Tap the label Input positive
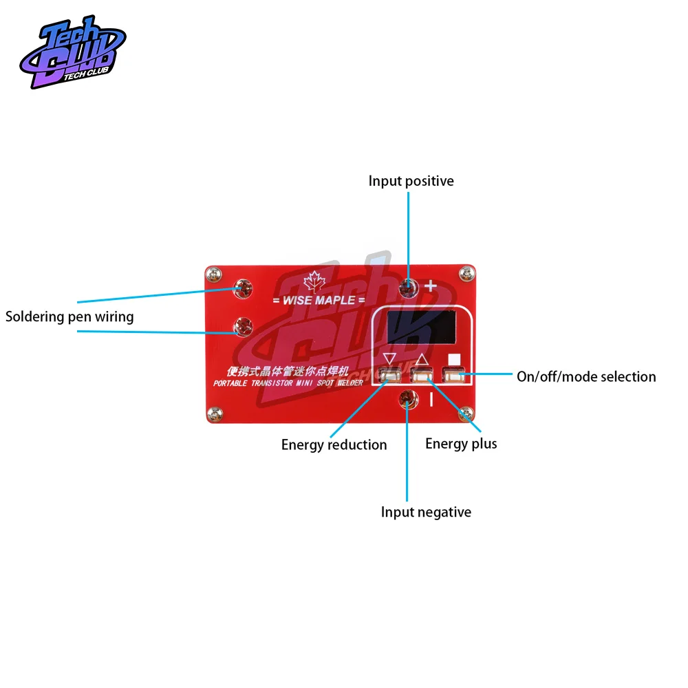pos(411,181)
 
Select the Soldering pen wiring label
pos(69,317)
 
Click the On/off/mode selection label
pos(586,376)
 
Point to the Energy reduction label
pos(334,444)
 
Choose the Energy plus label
pos(461,443)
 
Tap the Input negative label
pos(426,512)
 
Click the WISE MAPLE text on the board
pos(319,301)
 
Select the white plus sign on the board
pos(431,286)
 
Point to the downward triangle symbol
pos(390,358)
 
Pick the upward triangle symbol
pos(422,358)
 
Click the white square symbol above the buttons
pos(453,358)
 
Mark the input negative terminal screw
pos(409,397)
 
